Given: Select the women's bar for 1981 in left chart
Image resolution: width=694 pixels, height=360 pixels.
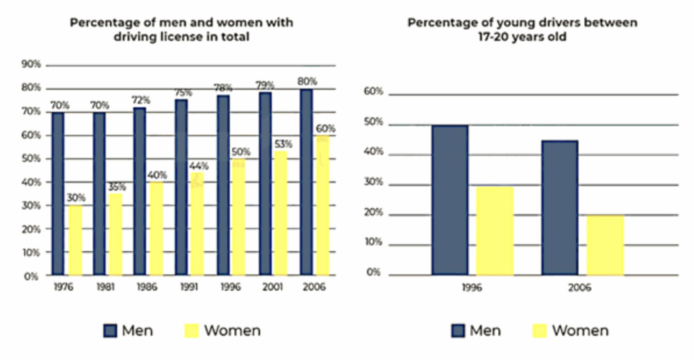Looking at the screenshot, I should point(116,234).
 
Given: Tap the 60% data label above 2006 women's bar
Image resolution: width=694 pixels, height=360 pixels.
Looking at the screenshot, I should point(325,128).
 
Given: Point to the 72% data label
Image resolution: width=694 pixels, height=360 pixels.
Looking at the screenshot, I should point(141,100).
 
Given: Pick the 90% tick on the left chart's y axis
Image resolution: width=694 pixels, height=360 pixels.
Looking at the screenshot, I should point(32,64).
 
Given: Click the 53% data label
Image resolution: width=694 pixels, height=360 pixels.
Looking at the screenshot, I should point(284,144).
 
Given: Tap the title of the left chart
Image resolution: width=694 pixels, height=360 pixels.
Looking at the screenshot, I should point(182,30).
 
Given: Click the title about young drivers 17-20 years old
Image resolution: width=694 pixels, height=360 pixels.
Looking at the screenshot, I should point(522,30).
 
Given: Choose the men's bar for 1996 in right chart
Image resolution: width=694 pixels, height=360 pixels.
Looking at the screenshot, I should point(449,200).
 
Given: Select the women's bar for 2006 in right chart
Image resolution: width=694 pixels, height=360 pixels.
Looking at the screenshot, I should point(605,245).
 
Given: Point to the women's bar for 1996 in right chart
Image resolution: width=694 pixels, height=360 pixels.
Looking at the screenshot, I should point(495,231).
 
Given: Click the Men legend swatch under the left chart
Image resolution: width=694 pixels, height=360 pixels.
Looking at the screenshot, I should point(110,331).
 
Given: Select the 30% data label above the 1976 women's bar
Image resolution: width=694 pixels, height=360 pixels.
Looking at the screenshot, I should point(76,198).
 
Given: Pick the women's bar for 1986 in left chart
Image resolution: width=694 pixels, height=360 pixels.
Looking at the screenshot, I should point(157,228).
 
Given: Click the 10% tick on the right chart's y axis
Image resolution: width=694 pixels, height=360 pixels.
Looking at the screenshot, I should point(375,243).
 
